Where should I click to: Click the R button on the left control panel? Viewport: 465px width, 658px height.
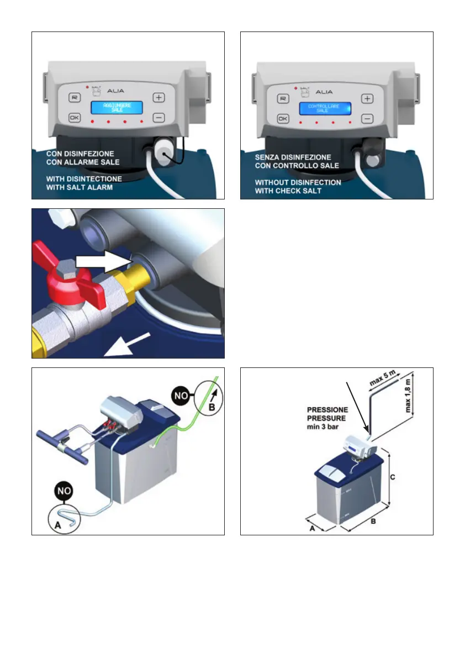click(x=74, y=97)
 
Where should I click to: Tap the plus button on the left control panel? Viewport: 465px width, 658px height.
click(x=158, y=97)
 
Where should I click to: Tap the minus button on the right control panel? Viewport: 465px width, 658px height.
click(x=367, y=118)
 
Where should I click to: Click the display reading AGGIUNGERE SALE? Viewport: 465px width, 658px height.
click(x=117, y=108)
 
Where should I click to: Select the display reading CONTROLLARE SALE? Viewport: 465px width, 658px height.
click(x=325, y=108)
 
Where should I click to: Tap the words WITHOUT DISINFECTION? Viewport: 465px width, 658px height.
click(x=298, y=182)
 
